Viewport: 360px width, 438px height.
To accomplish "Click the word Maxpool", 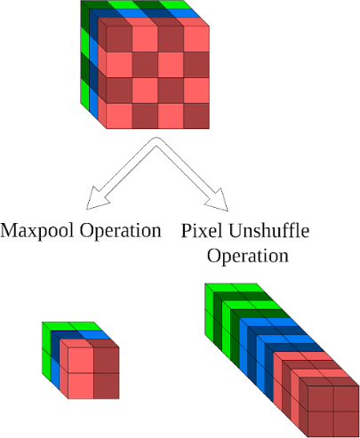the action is [x=36, y=230].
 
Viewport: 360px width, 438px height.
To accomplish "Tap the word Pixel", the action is [x=202, y=230].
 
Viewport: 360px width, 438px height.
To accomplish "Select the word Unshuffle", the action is [x=269, y=230].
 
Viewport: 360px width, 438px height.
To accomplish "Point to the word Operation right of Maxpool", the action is [x=121, y=231].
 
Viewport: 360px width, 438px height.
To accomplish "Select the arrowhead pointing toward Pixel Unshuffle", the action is [x=218, y=201].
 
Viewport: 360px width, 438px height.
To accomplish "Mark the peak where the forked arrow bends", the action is [x=156, y=138].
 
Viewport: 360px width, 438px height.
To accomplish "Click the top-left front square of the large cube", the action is [x=119, y=39].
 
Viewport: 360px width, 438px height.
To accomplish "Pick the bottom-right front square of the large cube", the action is [x=196, y=115].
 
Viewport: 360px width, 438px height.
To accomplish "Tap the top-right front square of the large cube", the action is [x=196, y=39].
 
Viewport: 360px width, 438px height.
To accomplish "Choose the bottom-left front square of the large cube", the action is [x=119, y=115].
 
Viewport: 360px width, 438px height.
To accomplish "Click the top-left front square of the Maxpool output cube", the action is [x=81, y=360].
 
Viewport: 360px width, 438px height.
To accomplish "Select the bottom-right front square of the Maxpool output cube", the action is [x=107, y=386].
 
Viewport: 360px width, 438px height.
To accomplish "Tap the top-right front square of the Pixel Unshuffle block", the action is [x=347, y=399].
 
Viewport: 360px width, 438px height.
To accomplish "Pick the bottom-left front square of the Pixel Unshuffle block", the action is [x=321, y=424].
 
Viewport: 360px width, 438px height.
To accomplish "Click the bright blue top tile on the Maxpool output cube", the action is [x=94, y=335].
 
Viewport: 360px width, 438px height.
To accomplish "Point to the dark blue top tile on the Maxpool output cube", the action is [x=68, y=335].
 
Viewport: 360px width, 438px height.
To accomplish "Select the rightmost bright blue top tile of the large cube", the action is [x=184, y=13].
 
